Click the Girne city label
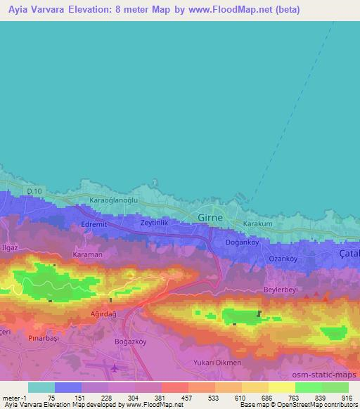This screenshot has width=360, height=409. pos(210,218)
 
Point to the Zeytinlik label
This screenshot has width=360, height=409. pos(154,223)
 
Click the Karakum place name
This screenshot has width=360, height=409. pos(257,224)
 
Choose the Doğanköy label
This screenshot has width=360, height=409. pos(243,242)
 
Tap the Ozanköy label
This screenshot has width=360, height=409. pos(285,259)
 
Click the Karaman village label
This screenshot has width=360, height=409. pos(88,254)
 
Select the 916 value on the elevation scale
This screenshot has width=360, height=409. pos(347,397)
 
